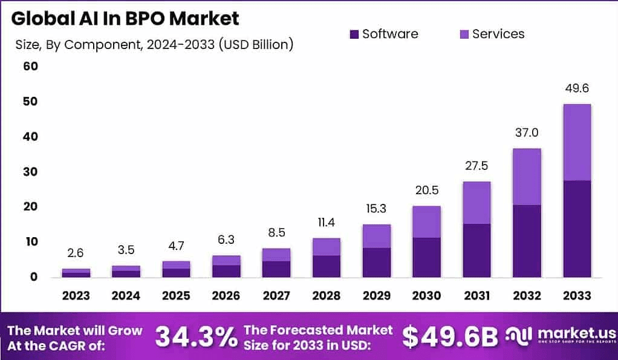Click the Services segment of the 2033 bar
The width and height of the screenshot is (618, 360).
tap(576, 142)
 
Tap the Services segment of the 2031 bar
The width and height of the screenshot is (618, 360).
tap(477, 203)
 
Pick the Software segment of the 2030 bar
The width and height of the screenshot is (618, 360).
tap(426, 257)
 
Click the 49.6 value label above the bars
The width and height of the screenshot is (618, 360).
tap(576, 88)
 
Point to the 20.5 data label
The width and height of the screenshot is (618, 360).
tap(426, 191)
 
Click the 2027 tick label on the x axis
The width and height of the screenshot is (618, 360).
tap(276, 296)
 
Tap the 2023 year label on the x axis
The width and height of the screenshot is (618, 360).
tap(76, 296)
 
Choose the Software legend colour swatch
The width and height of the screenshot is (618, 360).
tap(354, 34)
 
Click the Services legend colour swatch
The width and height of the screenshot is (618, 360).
tap(464, 34)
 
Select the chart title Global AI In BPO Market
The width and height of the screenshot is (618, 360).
tap(125, 18)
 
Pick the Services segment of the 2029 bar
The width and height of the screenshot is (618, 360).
tap(376, 236)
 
